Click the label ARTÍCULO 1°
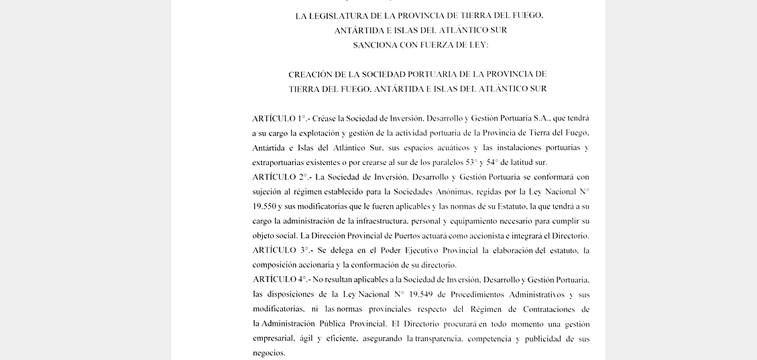[x=279, y=119]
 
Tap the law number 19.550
[x=264, y=206]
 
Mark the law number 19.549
[x=427, y=294]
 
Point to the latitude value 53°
[x=471, y=162]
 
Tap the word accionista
[x=486, y=236]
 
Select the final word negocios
[x=268, y=353]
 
